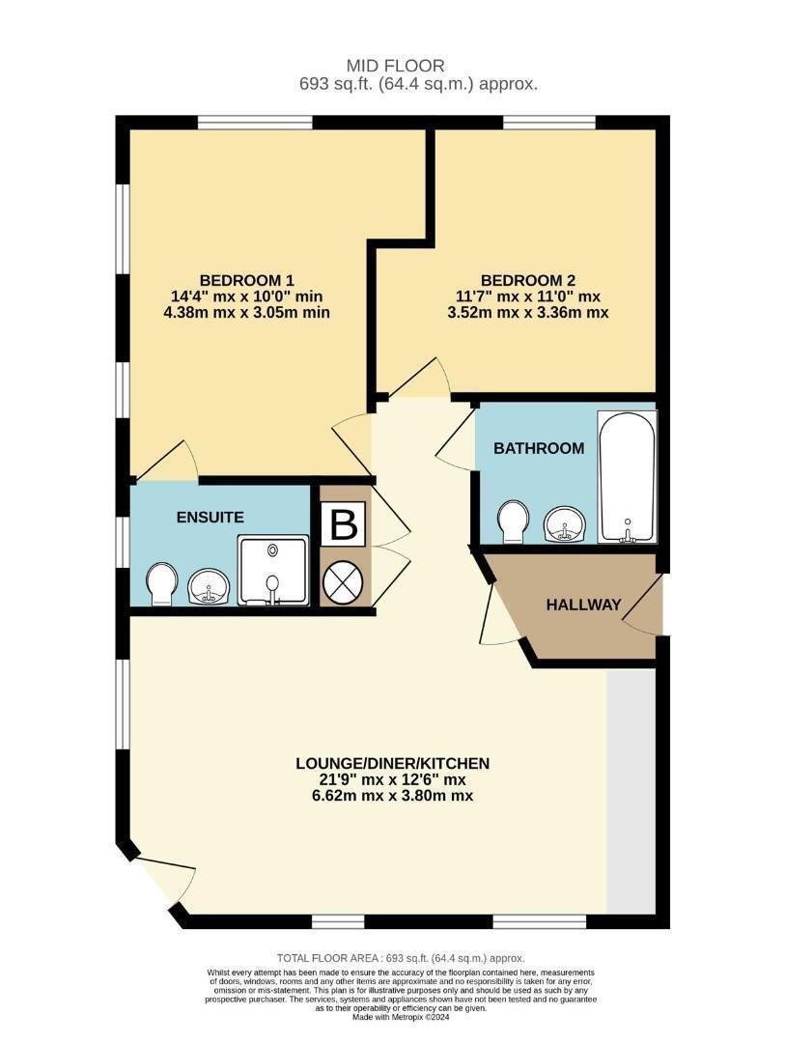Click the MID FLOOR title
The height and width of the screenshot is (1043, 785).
click(x=395, y=66)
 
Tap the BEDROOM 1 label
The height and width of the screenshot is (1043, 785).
click(x=247, y=280)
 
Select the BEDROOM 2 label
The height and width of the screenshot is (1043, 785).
click(x=528, y=280)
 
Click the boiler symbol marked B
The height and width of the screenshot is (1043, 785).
click(x=344, y=523)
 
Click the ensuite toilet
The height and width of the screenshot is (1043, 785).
click(x=161, y=584)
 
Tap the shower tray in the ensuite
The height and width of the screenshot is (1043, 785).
click(x=273, y=570)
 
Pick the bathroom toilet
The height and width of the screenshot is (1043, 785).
click(x=513, y=521)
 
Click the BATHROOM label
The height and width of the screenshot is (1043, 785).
click(x=539, y=448)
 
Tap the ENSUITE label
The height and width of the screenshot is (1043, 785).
click(x=210, y=518)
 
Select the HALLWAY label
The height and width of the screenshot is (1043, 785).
click(x=583, y=605)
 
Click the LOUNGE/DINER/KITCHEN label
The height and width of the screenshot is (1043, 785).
click(x=392, y=763)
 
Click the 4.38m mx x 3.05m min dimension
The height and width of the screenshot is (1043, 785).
click(x=247, y=312)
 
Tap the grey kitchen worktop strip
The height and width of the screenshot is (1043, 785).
click(x=631, y=791)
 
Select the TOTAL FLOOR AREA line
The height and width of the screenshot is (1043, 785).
click(x=401, y=959)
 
